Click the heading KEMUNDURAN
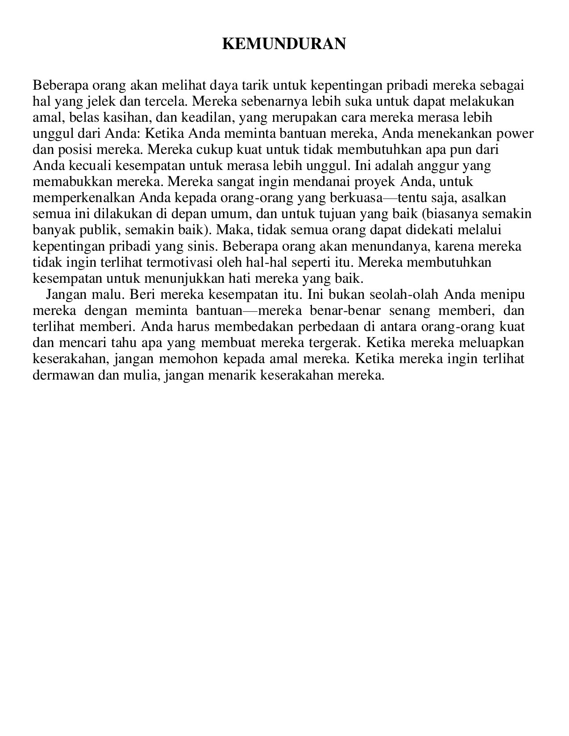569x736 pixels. pos(284,44)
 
